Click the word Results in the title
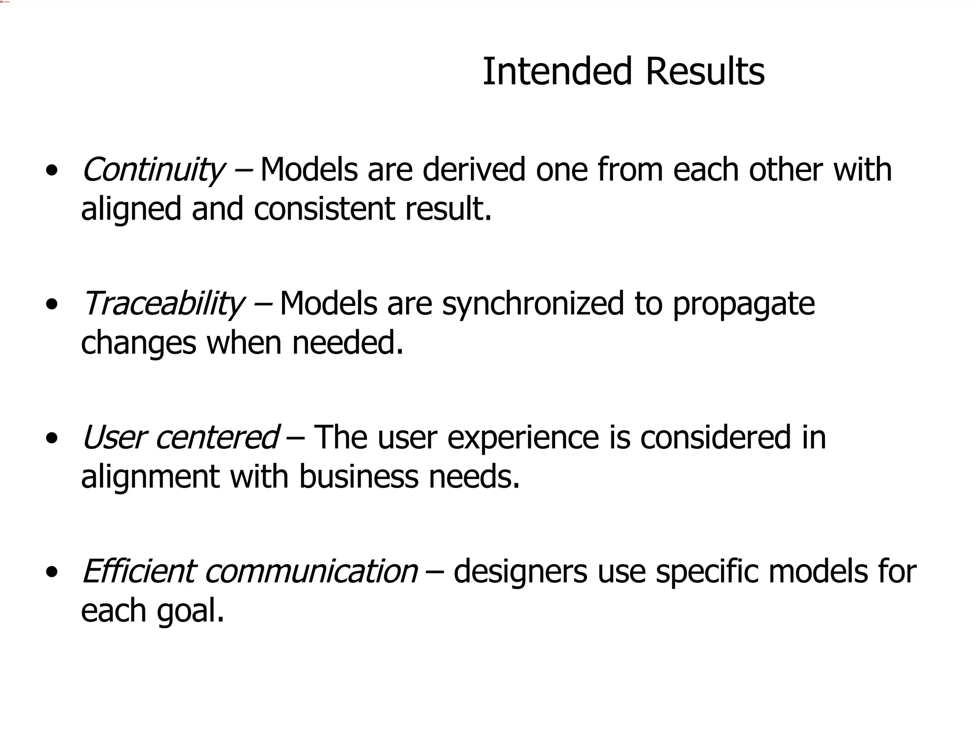(705, 72)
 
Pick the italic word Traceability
(163, 304)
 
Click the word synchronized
(533, 304)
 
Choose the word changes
(139, 343)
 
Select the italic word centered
(217, 437)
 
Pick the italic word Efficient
(138, 571)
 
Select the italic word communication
(311, 571)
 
